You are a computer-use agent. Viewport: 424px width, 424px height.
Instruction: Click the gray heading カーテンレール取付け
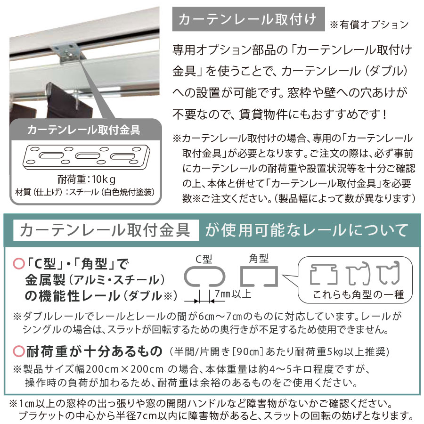coord(249,20)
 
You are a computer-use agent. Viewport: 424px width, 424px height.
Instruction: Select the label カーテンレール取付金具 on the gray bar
coord(84,130)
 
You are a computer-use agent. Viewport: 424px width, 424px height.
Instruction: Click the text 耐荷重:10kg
coord(85,180)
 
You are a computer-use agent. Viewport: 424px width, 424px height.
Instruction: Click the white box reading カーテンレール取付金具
coord(106,231)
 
